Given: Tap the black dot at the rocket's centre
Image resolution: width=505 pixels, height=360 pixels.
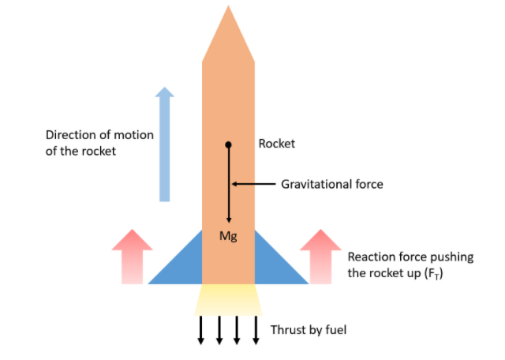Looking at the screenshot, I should pos(228,145).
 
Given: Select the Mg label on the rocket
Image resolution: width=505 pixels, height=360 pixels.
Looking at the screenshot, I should pos(228,236).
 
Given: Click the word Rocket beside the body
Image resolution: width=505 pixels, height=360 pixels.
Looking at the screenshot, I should pos(276,144).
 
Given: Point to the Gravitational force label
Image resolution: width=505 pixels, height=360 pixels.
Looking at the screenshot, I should pos(331,185).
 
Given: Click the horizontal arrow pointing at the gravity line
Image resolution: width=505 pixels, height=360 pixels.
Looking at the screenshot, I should pos(252,185).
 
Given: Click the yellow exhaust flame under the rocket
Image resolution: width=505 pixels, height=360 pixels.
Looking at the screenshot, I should pos(228,298).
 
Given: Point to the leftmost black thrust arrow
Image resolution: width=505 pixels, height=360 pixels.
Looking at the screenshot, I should pos(200,330).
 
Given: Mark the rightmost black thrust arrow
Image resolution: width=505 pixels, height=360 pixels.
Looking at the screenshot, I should pos(256,330).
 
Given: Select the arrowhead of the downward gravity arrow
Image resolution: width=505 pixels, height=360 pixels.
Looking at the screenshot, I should pos(229,220).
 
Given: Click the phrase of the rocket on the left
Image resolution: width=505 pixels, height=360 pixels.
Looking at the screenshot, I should pos(80,151).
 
